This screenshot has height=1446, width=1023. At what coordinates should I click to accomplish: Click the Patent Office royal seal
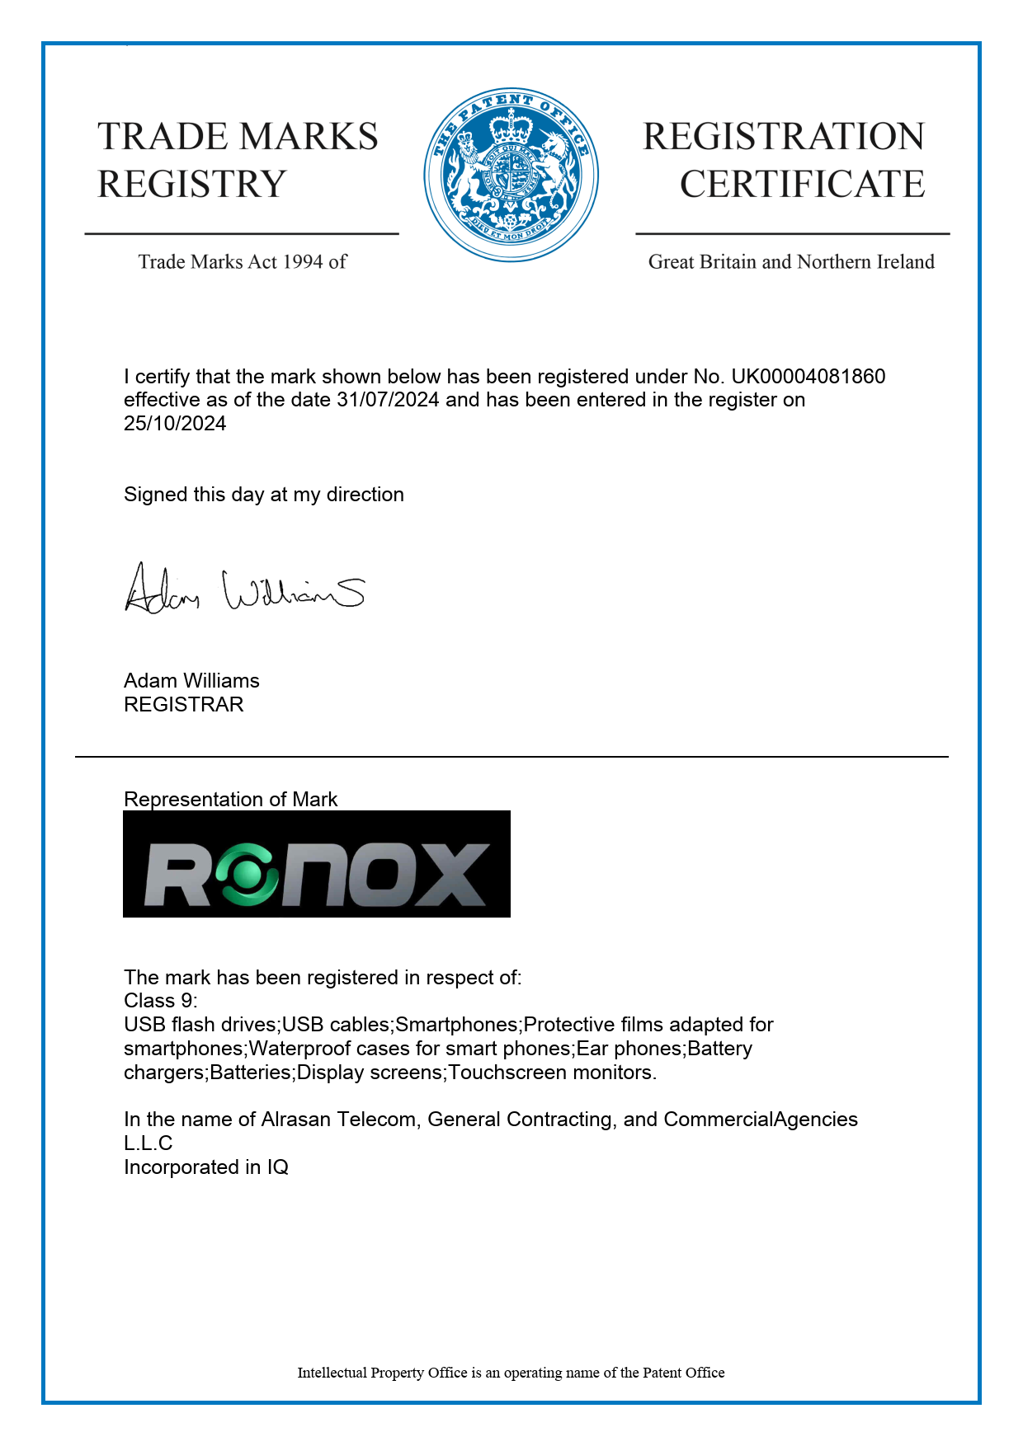511,175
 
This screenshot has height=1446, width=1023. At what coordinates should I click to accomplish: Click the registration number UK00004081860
808,377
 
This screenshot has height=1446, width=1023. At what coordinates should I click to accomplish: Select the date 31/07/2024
388,400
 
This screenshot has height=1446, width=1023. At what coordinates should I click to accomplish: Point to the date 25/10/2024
175,424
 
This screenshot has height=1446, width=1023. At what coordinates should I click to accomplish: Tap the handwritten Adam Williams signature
244,589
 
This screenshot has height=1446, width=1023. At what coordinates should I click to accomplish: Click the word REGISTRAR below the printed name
184,705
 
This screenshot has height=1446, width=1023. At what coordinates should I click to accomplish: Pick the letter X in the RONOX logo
452,875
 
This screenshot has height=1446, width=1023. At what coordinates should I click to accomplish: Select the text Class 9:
161,1001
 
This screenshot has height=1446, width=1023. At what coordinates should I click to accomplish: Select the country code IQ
277,1167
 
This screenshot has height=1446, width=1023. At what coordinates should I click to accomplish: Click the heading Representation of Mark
230,800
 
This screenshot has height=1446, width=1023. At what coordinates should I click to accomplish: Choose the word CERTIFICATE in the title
802,184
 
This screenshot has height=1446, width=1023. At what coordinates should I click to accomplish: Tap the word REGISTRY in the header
192,184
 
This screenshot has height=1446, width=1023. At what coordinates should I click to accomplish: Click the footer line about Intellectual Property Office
511,1373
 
